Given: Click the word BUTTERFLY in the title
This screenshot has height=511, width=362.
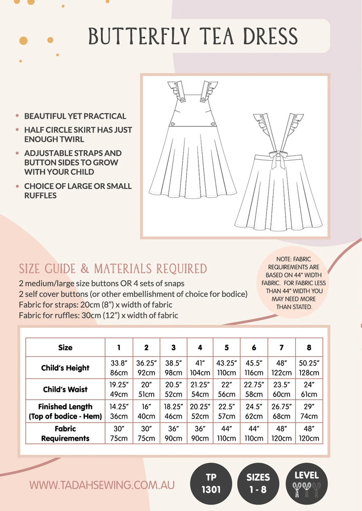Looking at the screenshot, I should pos(139,36).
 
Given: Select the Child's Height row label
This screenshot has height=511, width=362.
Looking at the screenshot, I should pos(65,368).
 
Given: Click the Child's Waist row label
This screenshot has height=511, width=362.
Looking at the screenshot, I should pos(65,390).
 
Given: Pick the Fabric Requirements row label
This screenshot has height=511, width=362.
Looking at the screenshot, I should pos(65,434).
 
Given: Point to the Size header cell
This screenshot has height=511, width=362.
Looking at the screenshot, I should pos(65,347).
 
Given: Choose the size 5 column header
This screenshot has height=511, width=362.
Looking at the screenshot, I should pos(227,347).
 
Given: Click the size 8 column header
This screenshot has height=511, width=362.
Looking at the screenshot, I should pos(309,347).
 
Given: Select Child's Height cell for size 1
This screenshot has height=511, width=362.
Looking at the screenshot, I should pos(119,368).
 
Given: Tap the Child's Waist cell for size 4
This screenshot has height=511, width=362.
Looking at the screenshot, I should pos(200,390).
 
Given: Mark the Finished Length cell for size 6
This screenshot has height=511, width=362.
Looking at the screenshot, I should pos(254,412).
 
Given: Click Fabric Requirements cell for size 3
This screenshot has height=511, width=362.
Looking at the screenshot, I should pos(173,434).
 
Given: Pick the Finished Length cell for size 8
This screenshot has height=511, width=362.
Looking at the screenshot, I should pos(309,412).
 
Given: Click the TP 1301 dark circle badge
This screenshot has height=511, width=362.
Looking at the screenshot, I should pos(211,483).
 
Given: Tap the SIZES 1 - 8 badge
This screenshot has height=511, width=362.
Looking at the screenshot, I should pos(258,483).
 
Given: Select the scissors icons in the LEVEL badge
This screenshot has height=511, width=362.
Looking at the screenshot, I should pos(306,489).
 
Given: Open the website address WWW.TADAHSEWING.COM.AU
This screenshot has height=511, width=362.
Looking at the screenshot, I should pos(102,485).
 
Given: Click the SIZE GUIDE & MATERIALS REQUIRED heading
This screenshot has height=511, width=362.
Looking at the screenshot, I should pos(113,269).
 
